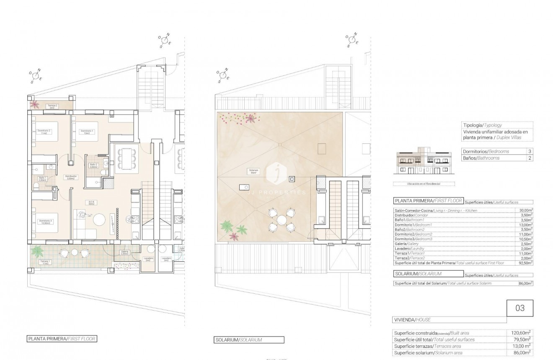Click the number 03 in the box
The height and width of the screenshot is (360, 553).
click(519, 308)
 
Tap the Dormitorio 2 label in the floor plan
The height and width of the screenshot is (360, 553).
click(44, 132)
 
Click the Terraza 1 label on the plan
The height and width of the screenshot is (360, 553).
click(44, 262)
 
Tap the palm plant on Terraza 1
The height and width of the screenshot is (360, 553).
click(38, 251)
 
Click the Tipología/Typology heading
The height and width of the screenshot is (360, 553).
click(482, 125)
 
